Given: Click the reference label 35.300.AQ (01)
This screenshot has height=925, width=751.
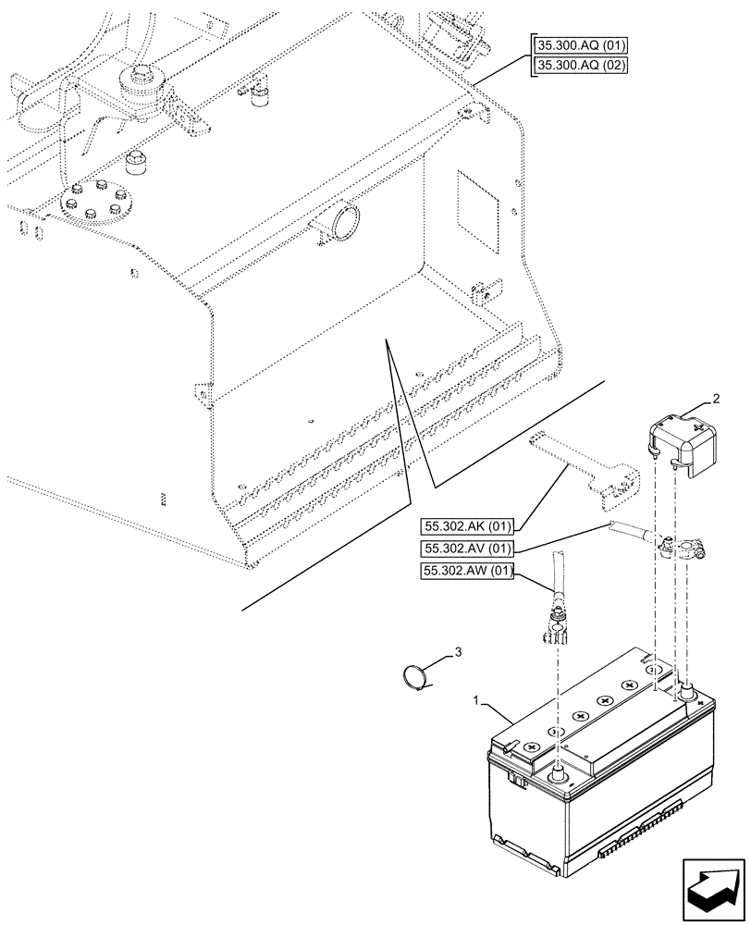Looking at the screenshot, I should click(580, 46).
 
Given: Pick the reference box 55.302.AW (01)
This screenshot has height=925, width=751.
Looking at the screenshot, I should click(468, 571).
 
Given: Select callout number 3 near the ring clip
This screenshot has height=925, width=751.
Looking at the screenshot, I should click(457, 654).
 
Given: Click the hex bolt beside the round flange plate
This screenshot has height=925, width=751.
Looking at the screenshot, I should click(135, 162).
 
